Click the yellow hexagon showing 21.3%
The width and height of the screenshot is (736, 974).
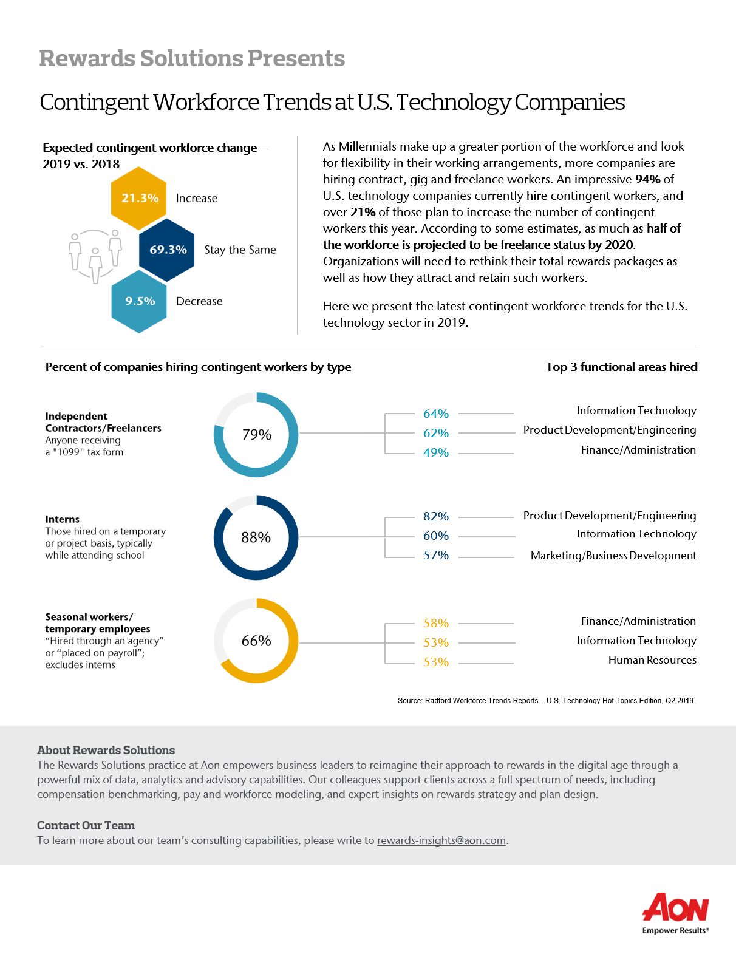pyautogui.click(x=139, y=198)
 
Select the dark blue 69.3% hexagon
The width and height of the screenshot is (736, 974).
pyautogui.click(x=167, y=250)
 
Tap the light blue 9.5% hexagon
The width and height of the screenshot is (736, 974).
pyautogui.click(x=139, y=301)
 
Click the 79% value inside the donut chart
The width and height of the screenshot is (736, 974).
pyautogui.click(x=256, y=434)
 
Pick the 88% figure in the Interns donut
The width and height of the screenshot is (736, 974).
pyautogui.click(x=256, y=537)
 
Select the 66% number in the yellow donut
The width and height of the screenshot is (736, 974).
pyautogui.click(x=256, y=640)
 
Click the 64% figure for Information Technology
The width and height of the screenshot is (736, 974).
pyautogui.click(x=435, y=414)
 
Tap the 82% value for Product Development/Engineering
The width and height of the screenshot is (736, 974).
pyautogui.click(x=435, y=516)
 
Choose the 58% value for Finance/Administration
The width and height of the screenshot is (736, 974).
pyautogui.click(x=435, y=623)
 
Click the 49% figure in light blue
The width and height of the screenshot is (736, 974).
pyautogui.click(x=435, y=452)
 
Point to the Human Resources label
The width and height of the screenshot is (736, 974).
pyautogui.click(x=652, y=660)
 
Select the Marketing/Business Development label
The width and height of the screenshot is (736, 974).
pyautogui.click(x=613, y=556)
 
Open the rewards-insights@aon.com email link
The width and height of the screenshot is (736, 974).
pyautogui.click(x=441, y=840)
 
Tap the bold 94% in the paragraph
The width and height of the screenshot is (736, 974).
pyautogui.click(x=648, y=179)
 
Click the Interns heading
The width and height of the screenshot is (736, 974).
pyautogui.click(x=62, y=519)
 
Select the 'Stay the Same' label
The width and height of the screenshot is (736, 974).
pyautogui.click(x=240, y=250)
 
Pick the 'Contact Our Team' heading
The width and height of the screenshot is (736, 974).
pyautogui.click(x=86, y=825)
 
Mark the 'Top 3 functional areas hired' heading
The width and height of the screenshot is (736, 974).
pyautogui.click(x=621, y=367)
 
